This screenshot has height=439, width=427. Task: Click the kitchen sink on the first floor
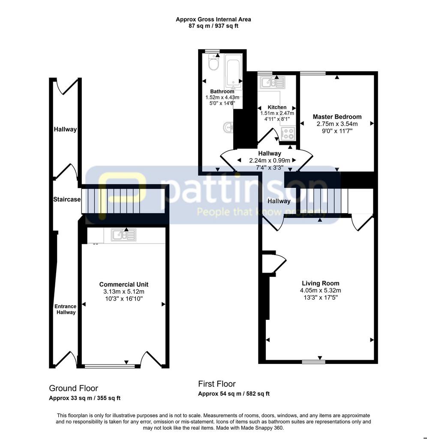(x=272, y=82)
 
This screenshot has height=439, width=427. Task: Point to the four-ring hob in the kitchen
(x=288, y=133)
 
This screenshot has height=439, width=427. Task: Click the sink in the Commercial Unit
(x=123, y=235)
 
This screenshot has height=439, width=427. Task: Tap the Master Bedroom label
(x=337, y=117)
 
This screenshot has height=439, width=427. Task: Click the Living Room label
(x=321, y=283)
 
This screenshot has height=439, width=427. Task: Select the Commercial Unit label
(x=124, y=285)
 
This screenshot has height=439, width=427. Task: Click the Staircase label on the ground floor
(x=67, y=199)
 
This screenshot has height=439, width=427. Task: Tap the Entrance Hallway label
(x=66, y=310)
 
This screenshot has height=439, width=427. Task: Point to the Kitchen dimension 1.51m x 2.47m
(x=277, y=113)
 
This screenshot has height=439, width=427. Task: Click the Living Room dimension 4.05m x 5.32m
(x=321, y=291)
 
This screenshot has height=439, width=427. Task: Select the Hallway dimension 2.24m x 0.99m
(x=270, y=161)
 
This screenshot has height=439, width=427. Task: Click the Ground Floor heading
(x=73, y=388)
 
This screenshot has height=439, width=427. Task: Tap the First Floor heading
(x=217, y=384)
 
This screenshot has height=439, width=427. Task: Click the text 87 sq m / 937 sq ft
(x=213, y=26)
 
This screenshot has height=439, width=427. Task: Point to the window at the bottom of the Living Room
(x=313, y=362)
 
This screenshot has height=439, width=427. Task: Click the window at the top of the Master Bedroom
(x=313, y=73)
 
